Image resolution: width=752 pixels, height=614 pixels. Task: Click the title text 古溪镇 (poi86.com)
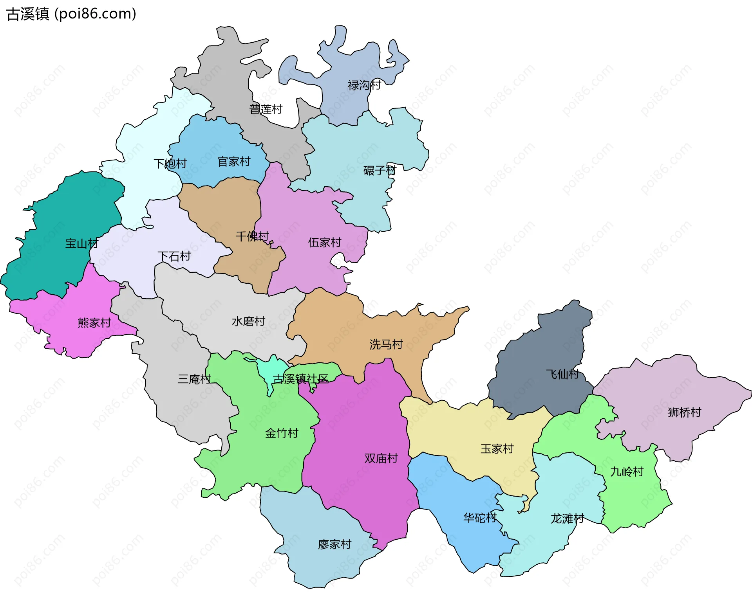72,14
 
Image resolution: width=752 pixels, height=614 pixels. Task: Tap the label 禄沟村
364,85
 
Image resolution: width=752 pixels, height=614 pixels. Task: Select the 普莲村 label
266,109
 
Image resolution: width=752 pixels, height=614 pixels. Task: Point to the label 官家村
234,162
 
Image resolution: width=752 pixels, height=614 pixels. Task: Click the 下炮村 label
170,164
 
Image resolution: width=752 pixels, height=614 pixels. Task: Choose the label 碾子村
380,171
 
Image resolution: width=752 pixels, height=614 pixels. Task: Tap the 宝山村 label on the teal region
81,244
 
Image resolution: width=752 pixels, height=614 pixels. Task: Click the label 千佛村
252,236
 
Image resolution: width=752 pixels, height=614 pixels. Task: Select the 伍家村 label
325,243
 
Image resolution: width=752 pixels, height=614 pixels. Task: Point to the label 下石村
174,256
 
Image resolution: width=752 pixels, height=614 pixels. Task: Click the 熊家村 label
94,323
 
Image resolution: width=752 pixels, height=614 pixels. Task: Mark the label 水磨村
248,321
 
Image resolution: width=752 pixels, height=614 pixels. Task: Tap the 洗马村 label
386,344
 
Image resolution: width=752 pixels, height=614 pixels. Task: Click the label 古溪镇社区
300,379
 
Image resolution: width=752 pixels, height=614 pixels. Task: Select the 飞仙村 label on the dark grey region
562,374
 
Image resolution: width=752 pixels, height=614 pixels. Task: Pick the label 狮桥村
684,412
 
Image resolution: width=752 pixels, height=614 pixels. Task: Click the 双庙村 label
381,458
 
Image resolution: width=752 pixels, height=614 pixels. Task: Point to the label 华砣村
480,518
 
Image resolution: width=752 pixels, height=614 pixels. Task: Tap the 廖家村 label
335,544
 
